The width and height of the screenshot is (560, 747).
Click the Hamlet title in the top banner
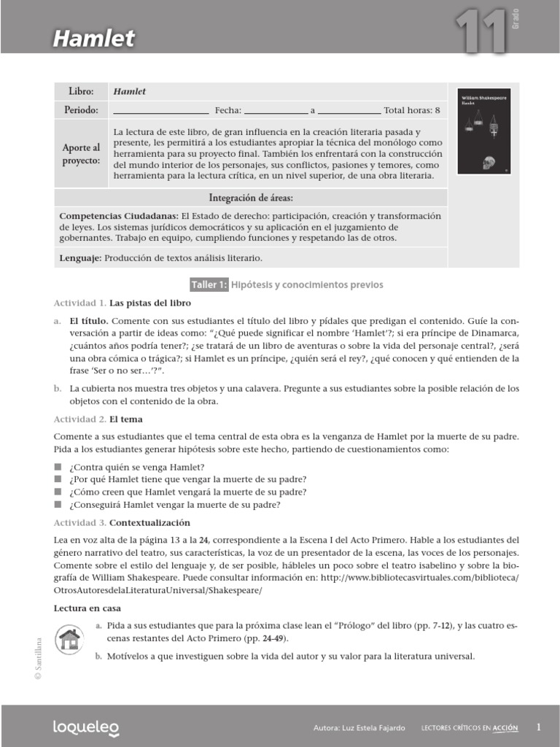click(x=93, y=38)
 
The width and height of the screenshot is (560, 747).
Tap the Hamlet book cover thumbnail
click(x=483, y=132)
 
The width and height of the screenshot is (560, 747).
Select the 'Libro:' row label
click(x=81, y=92)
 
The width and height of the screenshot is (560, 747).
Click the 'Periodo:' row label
click(x=81, y=110)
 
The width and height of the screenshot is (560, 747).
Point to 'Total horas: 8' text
click(x=412, y=111)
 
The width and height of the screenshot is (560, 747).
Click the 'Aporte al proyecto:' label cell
click(x=81, y=154)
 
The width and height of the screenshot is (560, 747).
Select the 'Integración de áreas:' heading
click(x=251, y=198)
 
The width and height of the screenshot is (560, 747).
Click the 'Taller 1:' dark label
click(x=209, y=284)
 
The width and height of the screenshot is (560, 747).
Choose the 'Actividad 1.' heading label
click(x=80, y=302)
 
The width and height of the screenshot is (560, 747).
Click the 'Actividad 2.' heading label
click(x=80, y=419)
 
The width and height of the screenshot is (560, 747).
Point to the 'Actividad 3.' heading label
click(x=80, y=523)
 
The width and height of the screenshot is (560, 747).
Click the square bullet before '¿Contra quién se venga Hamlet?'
click(x=58, y=466)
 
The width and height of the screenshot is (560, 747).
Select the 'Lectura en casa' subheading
click(x=87, y=608)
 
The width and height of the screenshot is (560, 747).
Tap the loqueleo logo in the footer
click(x=85, y=727)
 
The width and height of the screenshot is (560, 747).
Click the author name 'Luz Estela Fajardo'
click(x=372, y=727)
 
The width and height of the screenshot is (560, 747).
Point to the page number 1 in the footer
click(x=538, y=727)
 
